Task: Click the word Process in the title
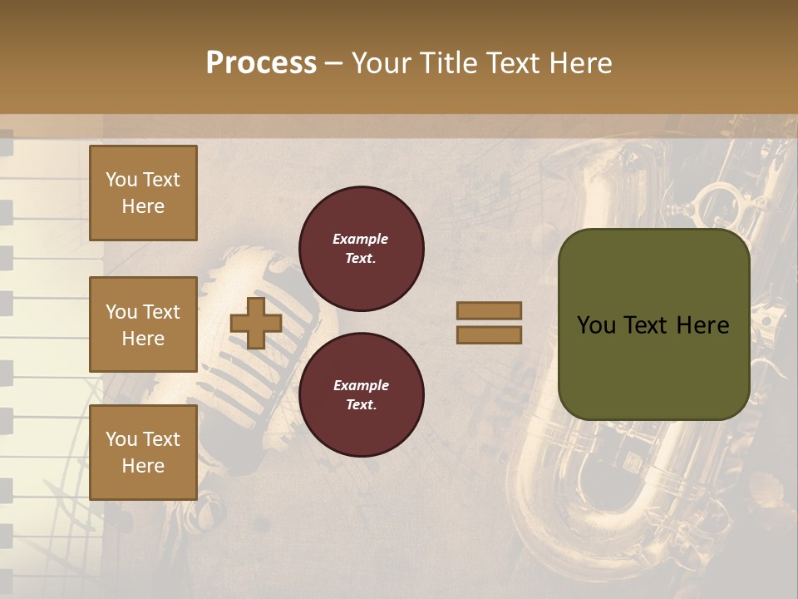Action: pyautogui.click(x=261, y=63)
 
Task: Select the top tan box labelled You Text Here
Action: pyautogui.click(x=143, y=193)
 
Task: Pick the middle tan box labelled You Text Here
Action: pyautogui.click(x=143, y=324)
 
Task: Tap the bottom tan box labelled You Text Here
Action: pyautogui.click(x=143, y=452)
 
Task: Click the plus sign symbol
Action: pyautogui.click(x=256, y=323)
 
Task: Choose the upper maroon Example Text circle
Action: pyautogui.click(x=361, y=249)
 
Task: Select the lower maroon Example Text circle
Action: pyautogui.click(x=361, y=395)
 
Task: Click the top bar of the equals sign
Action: pyautogui.click(x=489, y=310)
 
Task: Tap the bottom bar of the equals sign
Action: pyautogui.click(x=489, y=334)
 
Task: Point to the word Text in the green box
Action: pyautogui.click(x=653, y=325)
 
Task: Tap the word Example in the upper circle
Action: pyautogui.click(x=360, y=240)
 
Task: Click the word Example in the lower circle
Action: pyautogui.click(x=360, y=386)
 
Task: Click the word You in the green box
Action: pyautogui.click(x=597, y=325)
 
